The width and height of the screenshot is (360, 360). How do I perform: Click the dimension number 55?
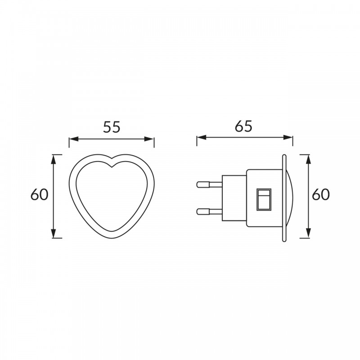click(112, 127)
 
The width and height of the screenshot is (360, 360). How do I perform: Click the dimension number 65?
click(243, 126)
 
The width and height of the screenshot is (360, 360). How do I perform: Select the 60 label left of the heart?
click(40, 195)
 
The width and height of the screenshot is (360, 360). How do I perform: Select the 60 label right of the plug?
click(321, 195)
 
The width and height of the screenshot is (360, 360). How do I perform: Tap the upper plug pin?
click(209, 184)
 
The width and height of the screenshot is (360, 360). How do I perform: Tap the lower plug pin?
click(209, 211)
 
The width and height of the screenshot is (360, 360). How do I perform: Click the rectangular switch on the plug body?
click(264, 199)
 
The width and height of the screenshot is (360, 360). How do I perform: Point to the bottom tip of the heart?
click(112, 238)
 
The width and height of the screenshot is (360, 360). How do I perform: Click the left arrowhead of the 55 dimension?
click(74, 139)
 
